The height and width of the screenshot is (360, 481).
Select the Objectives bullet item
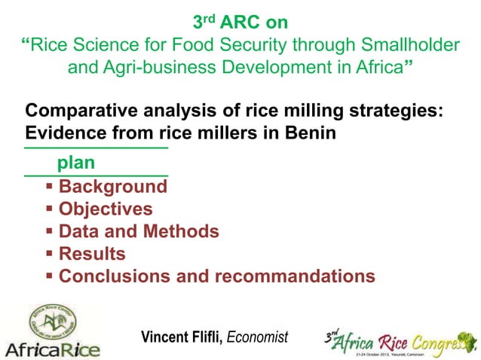(106, 209)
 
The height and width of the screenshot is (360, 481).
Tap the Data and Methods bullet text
(139, 232)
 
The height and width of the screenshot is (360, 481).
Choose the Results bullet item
(92, 254)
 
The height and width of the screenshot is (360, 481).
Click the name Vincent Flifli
(181, 336)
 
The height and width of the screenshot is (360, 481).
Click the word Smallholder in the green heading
(411, 46)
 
